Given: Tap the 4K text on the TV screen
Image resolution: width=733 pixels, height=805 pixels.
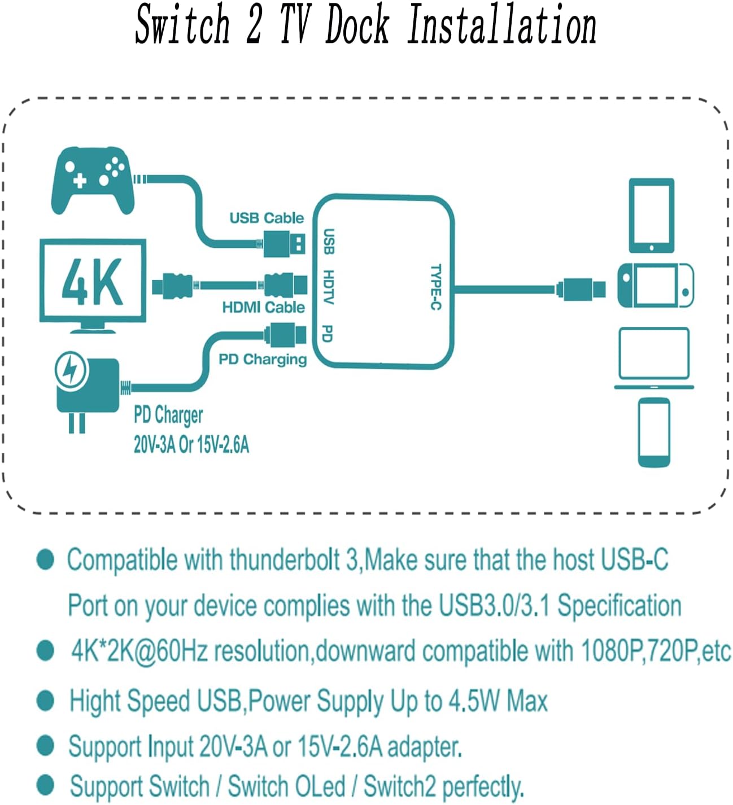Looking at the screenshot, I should click(x=92, y=281).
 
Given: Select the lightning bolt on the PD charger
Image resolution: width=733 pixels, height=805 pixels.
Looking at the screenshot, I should click(x=71, y=370).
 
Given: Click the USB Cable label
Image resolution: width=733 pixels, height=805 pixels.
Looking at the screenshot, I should click(x=267, y=218).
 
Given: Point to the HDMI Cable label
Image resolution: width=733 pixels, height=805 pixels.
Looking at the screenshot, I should click(x=263, y=307).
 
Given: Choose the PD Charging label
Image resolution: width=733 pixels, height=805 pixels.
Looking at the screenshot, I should click(x=263, y=359).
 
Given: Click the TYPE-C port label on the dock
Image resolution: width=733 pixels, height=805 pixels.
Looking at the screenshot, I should click(x=436, y=287).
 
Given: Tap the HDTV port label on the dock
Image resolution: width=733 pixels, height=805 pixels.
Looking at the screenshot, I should click(x=328, y=287).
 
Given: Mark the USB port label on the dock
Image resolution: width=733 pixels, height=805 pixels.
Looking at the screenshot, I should click(x=328, y=241).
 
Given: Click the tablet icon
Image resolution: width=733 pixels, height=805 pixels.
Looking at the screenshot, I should click(x=652, y=215).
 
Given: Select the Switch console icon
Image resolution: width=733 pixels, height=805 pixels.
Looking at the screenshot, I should click(x=655, y=286).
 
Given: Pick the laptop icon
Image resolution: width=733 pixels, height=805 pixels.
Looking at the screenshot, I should click(x=654, y=358).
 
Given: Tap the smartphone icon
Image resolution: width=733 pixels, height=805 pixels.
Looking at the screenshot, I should click(x=654, y=432).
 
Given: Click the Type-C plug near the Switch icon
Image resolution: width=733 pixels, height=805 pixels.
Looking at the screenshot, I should click(x=581, y=289).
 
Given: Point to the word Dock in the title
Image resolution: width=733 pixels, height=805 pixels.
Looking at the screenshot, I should click(x=357, y=25).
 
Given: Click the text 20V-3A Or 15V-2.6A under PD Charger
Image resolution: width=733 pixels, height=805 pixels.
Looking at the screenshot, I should click(x=191, y=445).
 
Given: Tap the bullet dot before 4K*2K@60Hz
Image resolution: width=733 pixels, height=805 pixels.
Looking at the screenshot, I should click(x=45, y=650).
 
